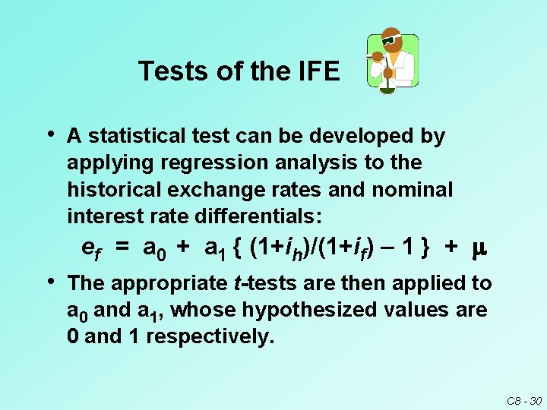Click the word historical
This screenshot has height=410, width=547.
click(111, 190)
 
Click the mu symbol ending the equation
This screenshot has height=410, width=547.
click(479, 248)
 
